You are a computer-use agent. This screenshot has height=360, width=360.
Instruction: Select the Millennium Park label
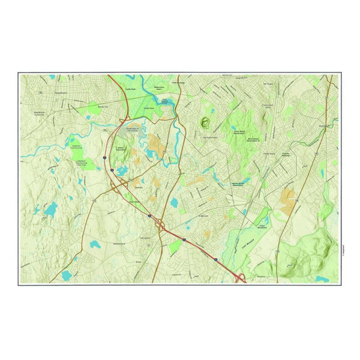(x=163, y=88)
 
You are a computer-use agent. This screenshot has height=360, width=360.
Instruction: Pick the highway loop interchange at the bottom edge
(x=239, y=278)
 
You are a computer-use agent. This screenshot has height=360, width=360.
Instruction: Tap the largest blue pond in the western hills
(x=50, y=209)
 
